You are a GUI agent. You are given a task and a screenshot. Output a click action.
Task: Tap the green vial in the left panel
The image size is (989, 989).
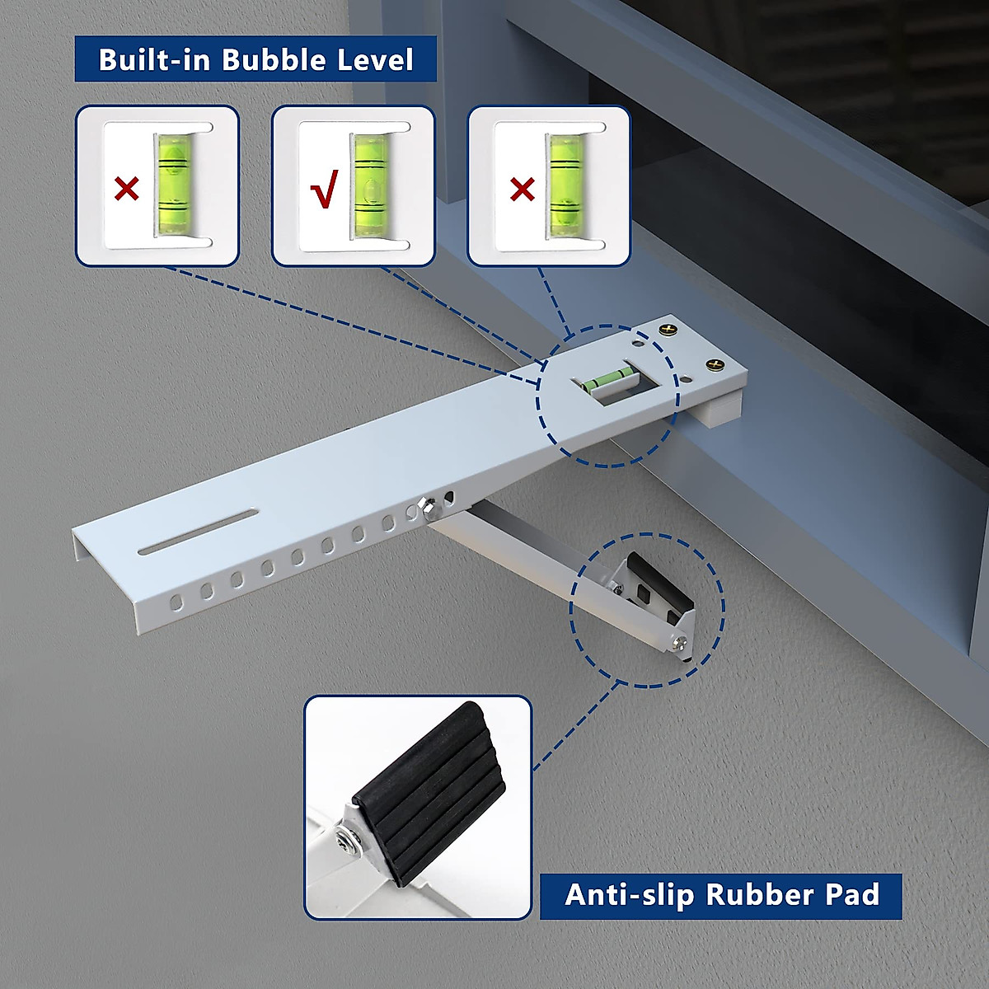pyautogui.click(x=173, y=183)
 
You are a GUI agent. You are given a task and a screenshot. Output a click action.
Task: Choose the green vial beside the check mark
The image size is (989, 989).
pyautogui.click(x=369, y=183)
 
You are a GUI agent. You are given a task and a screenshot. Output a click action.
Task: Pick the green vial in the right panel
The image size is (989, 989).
pyautogui.click(x=565, y=183)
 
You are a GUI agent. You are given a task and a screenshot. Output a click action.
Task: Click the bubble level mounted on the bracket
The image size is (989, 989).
pyautogui.click(x=610, y=380)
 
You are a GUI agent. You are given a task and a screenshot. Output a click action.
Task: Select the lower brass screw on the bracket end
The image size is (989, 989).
pyautogui.click(x=714, y=364)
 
